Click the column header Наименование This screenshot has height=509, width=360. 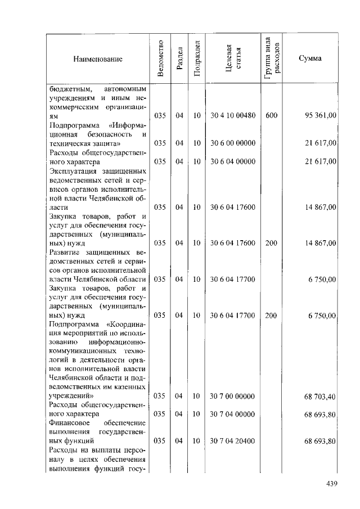coord(97,59)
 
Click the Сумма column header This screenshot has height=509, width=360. coord(310,58)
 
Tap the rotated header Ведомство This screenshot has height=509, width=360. coord(161,58)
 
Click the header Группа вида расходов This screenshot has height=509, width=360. coord(272,58)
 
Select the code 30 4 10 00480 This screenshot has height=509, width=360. coord(233,116)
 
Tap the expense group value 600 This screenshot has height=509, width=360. coord(272,116)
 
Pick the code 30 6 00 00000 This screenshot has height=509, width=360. coord(233,143)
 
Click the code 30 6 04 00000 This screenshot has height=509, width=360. coord(233,162)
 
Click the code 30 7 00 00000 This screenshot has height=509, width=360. coord(233,396)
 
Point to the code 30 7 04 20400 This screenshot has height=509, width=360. coord(233,440)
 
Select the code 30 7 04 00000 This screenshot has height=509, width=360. coord(233,414)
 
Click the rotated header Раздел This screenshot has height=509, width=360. coord(179,58)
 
